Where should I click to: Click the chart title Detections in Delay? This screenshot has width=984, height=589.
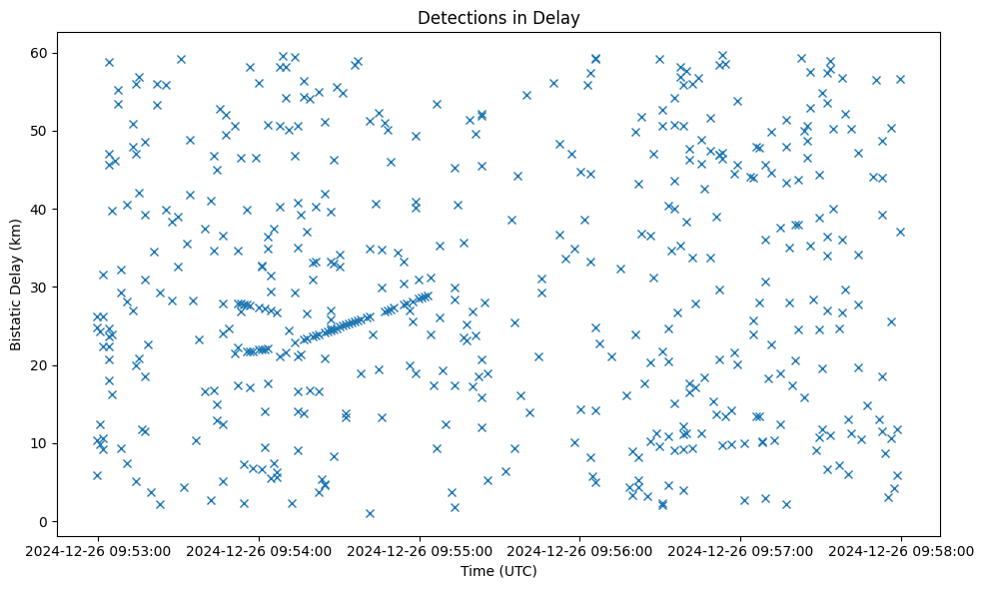498,18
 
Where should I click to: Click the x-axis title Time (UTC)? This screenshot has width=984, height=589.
498,571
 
